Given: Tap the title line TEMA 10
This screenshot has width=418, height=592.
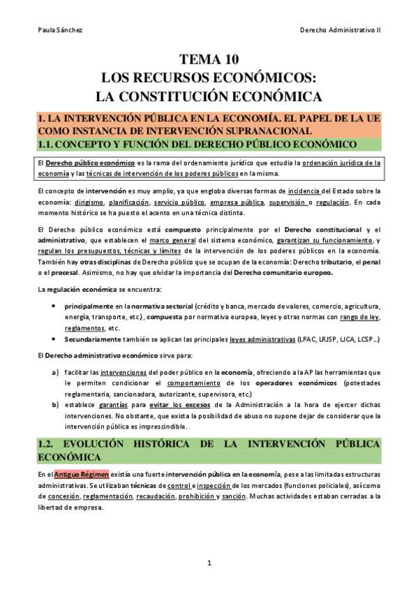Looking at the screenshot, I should pyautogui.click(x=209, y=59).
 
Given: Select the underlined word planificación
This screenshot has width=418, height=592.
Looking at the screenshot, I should pyautogui.click(x=131, y=202).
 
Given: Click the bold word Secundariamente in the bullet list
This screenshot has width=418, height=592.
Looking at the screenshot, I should pyautogui.click(x=90, y=339).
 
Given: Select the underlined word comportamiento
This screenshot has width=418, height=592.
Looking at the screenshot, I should pyautogui.click(x=193, y=383).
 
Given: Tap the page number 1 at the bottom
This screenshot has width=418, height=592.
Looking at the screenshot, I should pyautogui.click(x=209, y=562).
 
